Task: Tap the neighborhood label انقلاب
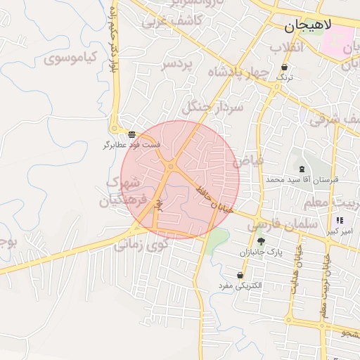286,48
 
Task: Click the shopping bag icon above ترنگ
283,67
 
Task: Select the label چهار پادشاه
238,72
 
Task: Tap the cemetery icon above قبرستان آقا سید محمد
302,169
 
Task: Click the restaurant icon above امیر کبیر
340,220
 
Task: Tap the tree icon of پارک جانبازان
261,241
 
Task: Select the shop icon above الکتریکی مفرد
240,275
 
